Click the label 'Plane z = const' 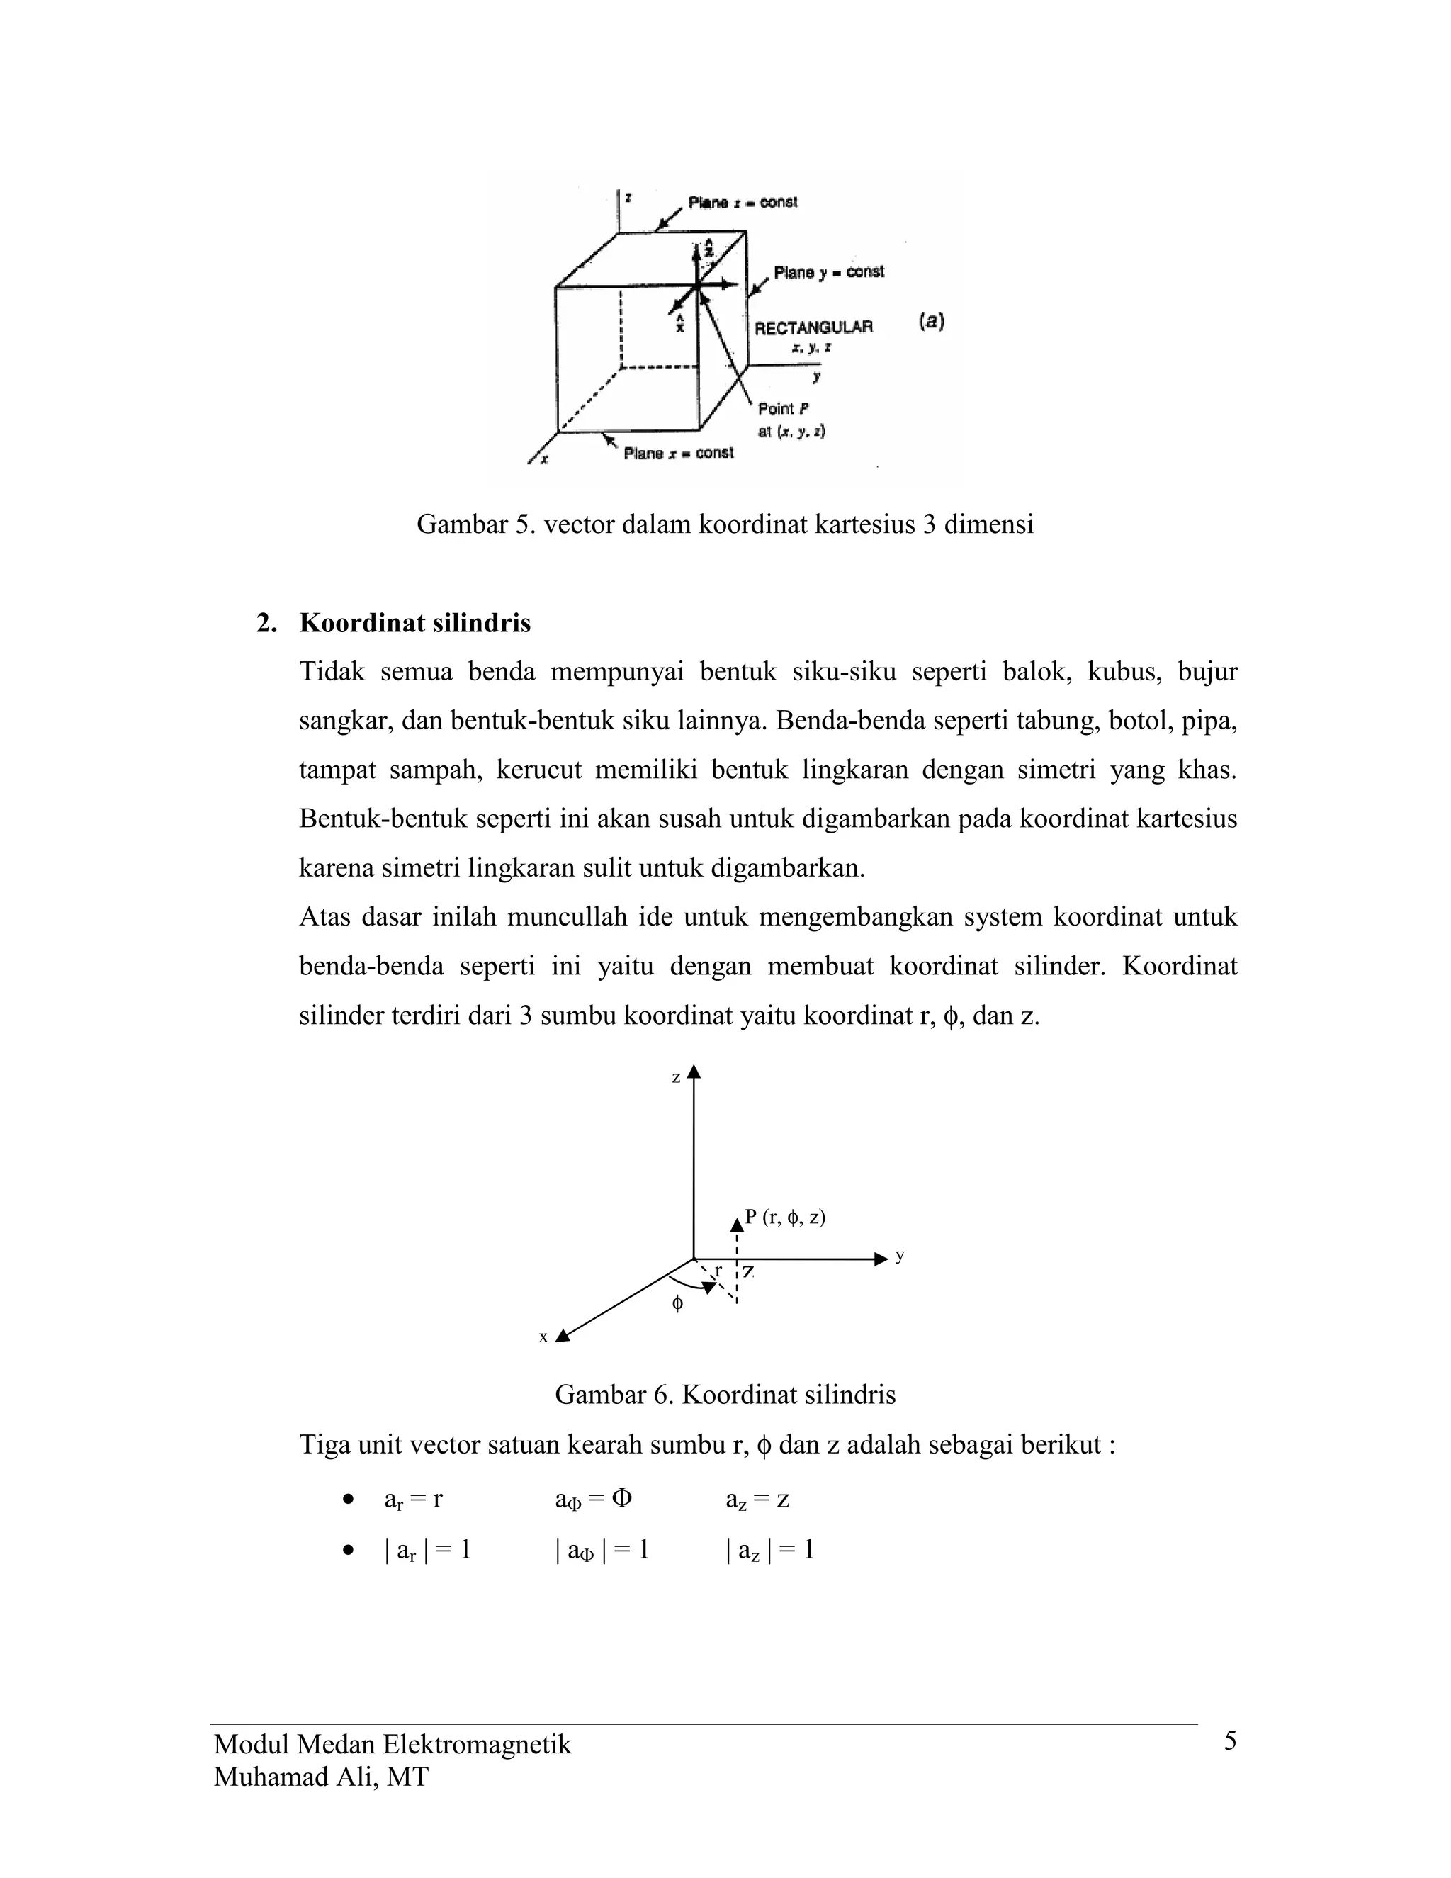click(742, 202)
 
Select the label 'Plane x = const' click(678, 452)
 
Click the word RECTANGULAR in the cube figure click(813, 327)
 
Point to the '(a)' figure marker click(932, 322)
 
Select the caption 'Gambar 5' click(725, 524)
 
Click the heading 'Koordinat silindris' click(414, 622)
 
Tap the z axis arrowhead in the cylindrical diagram click(694, 1072)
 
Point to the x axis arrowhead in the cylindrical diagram click(563, 1335)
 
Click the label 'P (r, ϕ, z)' click(785, 1217)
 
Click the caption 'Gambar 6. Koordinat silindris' click(725, 1395)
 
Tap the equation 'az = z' click(757, 1500)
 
